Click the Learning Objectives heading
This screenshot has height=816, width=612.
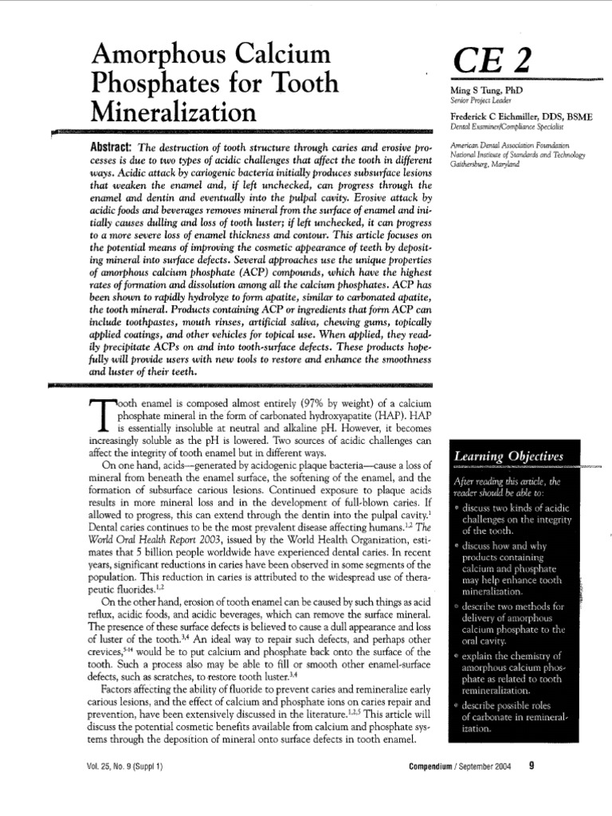(x=508, y=456)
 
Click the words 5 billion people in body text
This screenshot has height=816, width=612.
(x=171, y=540)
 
